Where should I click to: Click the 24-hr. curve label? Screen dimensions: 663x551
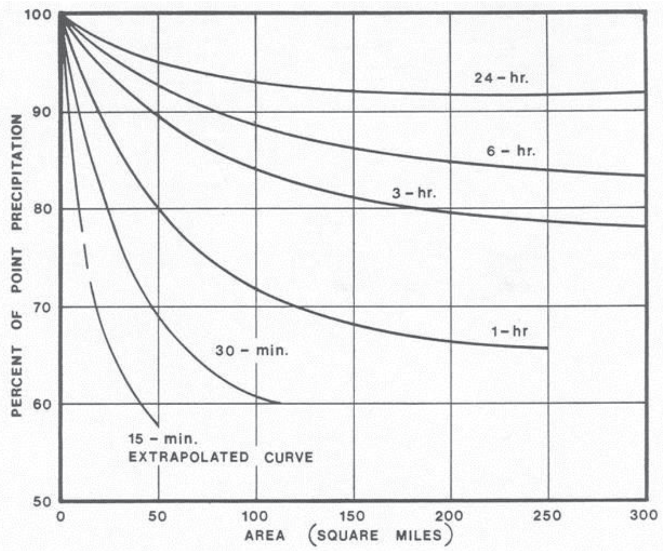point(500,78)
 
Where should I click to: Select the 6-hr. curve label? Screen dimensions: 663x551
point(511,151)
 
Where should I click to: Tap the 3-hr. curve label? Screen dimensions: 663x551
point(414,192)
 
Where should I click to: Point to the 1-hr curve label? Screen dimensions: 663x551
point(509,331)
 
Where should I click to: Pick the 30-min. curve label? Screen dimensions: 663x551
point(252,350)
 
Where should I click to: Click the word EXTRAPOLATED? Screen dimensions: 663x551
point(189,457)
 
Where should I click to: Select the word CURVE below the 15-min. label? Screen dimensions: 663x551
point(289,457)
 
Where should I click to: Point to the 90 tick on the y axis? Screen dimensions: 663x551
point(42,112)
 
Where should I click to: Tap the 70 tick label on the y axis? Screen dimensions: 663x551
point(42,307)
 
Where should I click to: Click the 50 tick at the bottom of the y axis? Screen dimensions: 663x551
point(42,502)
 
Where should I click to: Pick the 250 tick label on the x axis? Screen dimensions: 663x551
point(547,516)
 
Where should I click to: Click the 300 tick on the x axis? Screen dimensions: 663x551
point(644,515)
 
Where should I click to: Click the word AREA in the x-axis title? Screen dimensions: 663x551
point(265,535)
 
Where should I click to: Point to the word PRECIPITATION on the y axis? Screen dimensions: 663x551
point(17,172)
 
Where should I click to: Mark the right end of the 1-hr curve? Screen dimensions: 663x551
point(547,348)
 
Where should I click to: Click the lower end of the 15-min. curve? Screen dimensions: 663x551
point(158,426)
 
